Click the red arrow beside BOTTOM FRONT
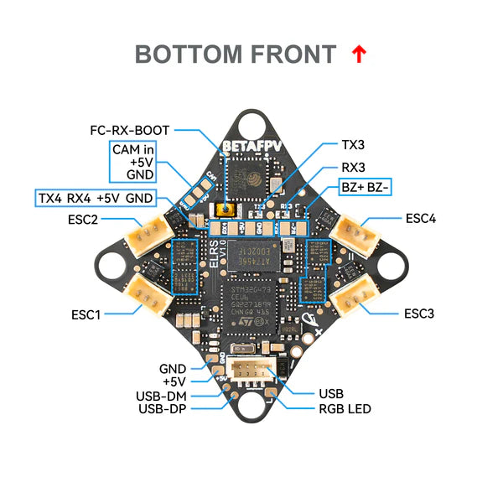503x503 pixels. pos(359,55)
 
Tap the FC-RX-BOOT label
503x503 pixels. pos(130,131)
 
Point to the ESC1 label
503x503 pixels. pos(86,315)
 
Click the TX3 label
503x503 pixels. pos(354,145)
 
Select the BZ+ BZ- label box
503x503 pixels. pos(364,187)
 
